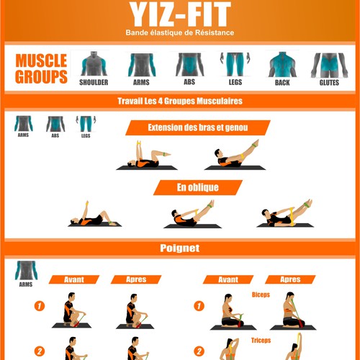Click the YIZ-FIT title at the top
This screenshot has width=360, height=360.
(180, 14)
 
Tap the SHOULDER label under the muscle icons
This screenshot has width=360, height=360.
(94, 82)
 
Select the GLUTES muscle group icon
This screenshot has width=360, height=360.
(329, 65)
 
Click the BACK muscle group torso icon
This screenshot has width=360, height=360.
(282, 64)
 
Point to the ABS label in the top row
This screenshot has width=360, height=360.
(189, 82)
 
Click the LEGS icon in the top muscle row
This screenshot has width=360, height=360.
(235, 64)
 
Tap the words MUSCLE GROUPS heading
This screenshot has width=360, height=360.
(41, 68)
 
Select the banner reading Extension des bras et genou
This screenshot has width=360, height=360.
(198, 127)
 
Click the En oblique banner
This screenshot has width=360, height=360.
(198, 187)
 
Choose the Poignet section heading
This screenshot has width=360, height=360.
(180, 248)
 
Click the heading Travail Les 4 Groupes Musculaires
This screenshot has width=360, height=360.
(180, 101)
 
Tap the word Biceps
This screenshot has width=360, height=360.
(261, 294)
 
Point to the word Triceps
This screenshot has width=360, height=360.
(261, 340)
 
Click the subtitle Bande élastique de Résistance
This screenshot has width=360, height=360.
(180, 32)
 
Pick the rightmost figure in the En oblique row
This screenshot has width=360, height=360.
(286, 213)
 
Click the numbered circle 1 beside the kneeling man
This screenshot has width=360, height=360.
(40, 306)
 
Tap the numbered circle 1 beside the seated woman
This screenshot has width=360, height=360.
(199, 306)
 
